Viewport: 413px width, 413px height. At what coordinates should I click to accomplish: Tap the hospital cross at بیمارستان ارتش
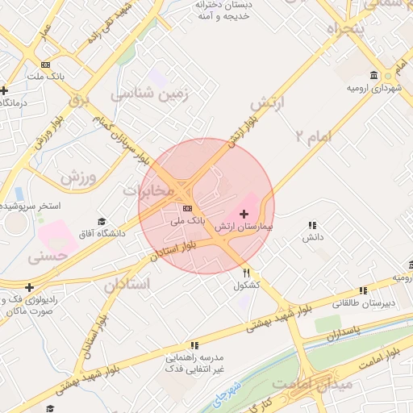[244, 216]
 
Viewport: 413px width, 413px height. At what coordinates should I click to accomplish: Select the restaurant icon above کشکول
[247, 273]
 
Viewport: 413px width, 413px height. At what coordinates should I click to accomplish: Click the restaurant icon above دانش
[312, 226]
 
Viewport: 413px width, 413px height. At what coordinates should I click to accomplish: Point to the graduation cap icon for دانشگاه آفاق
[102, 222]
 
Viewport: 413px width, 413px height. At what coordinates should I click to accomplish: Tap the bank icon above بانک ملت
[45, 65]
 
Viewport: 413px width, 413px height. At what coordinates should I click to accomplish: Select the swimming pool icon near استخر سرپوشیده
[18, 194]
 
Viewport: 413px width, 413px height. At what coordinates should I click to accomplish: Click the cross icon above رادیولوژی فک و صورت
[30, 287]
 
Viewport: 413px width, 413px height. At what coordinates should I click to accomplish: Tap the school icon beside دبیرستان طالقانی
[363, 290]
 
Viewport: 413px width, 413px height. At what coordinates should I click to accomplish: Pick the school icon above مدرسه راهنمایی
[194, 345]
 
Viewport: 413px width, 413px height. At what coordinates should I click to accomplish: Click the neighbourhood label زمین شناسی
[153, 94]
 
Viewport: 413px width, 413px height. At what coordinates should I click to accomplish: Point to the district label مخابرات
[148, 190]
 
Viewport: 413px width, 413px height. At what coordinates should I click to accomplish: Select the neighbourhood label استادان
[127, 285]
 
